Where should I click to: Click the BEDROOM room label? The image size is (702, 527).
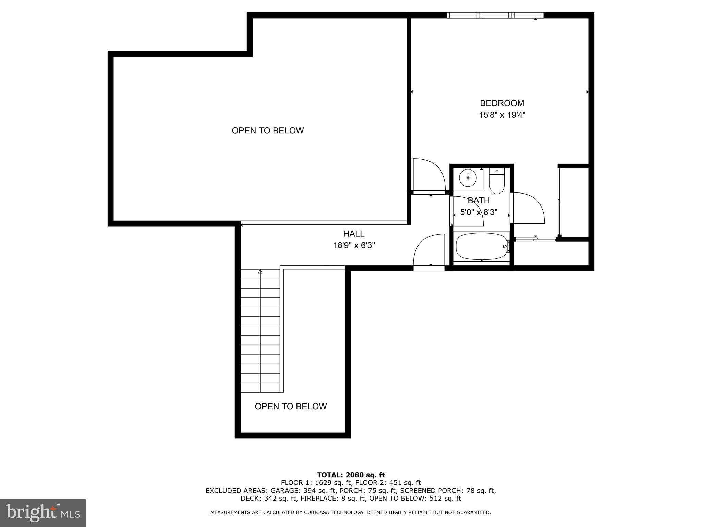click(502, 103)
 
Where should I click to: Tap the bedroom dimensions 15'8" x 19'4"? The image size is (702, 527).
click(502, 115)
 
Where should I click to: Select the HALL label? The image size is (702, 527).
click(354, 234)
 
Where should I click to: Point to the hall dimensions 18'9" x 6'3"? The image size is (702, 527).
click(354, 246)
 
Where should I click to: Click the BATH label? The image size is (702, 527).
click(479, 201)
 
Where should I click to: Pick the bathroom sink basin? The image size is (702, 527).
click(468, 178)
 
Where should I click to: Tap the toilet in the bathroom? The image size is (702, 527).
click(497, 182)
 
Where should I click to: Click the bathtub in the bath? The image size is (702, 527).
click(481, 247)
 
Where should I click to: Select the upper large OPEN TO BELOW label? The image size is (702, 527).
click(268, 131)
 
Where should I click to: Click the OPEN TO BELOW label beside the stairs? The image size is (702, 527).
click(291, 407)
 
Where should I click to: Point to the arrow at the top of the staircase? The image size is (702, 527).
click(260, 272)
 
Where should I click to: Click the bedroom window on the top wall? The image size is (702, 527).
click(495, 15)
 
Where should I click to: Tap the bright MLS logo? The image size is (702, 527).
click(43, 513)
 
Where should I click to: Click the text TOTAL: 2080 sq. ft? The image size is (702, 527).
click(351, 475)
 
